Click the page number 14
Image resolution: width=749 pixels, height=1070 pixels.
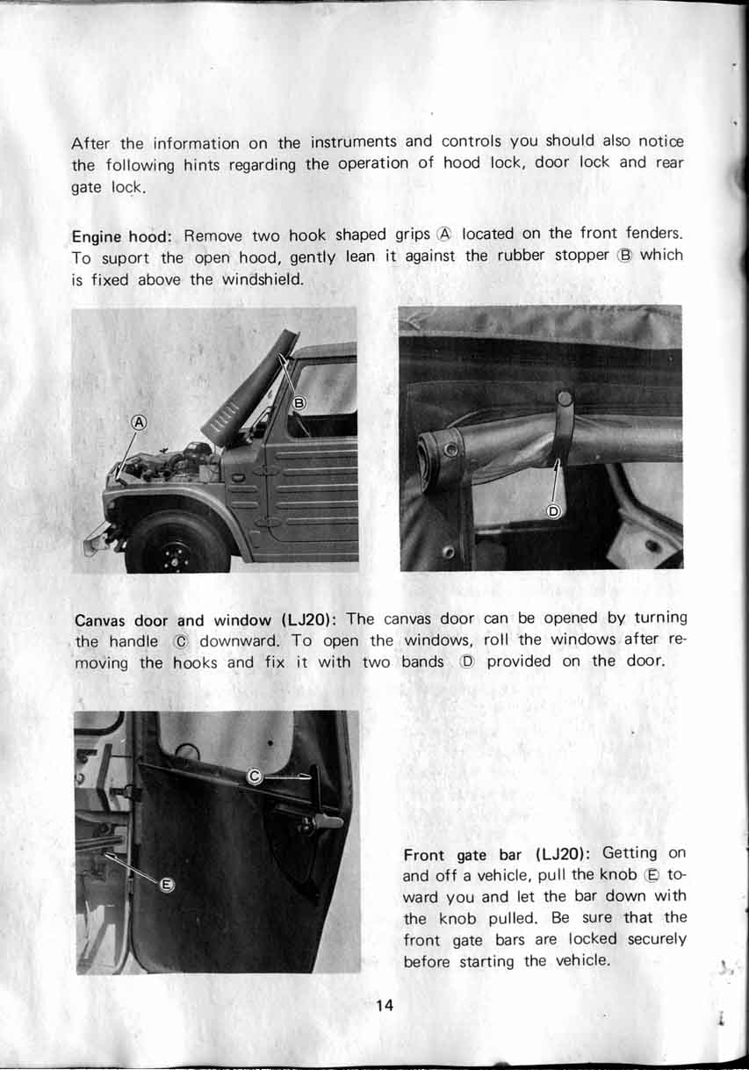[x=385, y=1006]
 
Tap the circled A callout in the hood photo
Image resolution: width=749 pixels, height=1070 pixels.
[x=139, y=423]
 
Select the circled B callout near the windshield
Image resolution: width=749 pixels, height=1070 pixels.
[x=299, y=403]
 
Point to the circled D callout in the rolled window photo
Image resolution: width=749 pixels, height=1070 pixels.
[x=553, y=511]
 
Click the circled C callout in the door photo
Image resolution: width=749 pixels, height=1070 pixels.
[x=255, y=777]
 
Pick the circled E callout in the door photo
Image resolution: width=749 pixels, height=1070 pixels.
[x=166, y=886]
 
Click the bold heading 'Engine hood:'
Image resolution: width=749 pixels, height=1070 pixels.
[x=122, y=236]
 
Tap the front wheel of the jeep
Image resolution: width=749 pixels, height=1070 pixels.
[x=176, y=542]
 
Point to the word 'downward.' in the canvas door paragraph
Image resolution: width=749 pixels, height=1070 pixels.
[x=239, y=640]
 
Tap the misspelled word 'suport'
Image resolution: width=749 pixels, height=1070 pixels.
[x=125, y=258]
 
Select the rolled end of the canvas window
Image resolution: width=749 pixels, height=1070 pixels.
[x=438, y=452]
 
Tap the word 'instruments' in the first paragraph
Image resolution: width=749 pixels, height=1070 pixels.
[x=353, y=141]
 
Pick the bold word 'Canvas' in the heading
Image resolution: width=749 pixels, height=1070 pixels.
[x=100, y=620]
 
